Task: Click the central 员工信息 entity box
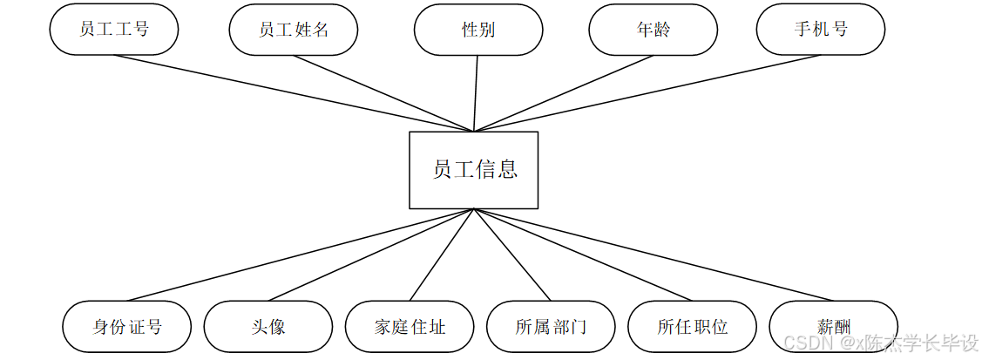point(473,169)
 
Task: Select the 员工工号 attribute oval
point(114,30)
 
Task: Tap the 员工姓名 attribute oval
point(294,30)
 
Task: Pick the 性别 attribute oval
point(478,30)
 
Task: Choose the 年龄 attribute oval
point(654,30)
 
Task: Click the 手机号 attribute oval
point(821,30)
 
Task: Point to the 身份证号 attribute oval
point(127,327)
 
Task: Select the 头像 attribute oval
point(268,327)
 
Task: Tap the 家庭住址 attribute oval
point(410,327)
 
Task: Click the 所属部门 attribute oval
point(551,327)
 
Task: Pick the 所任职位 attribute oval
point(693,327)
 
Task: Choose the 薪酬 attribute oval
point(834,327)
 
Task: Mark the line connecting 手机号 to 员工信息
point(647,93)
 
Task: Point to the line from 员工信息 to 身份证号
point(301,255)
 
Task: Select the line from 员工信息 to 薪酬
point(654,255)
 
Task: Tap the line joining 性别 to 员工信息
point(476,93)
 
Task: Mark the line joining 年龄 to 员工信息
point(563,93)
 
